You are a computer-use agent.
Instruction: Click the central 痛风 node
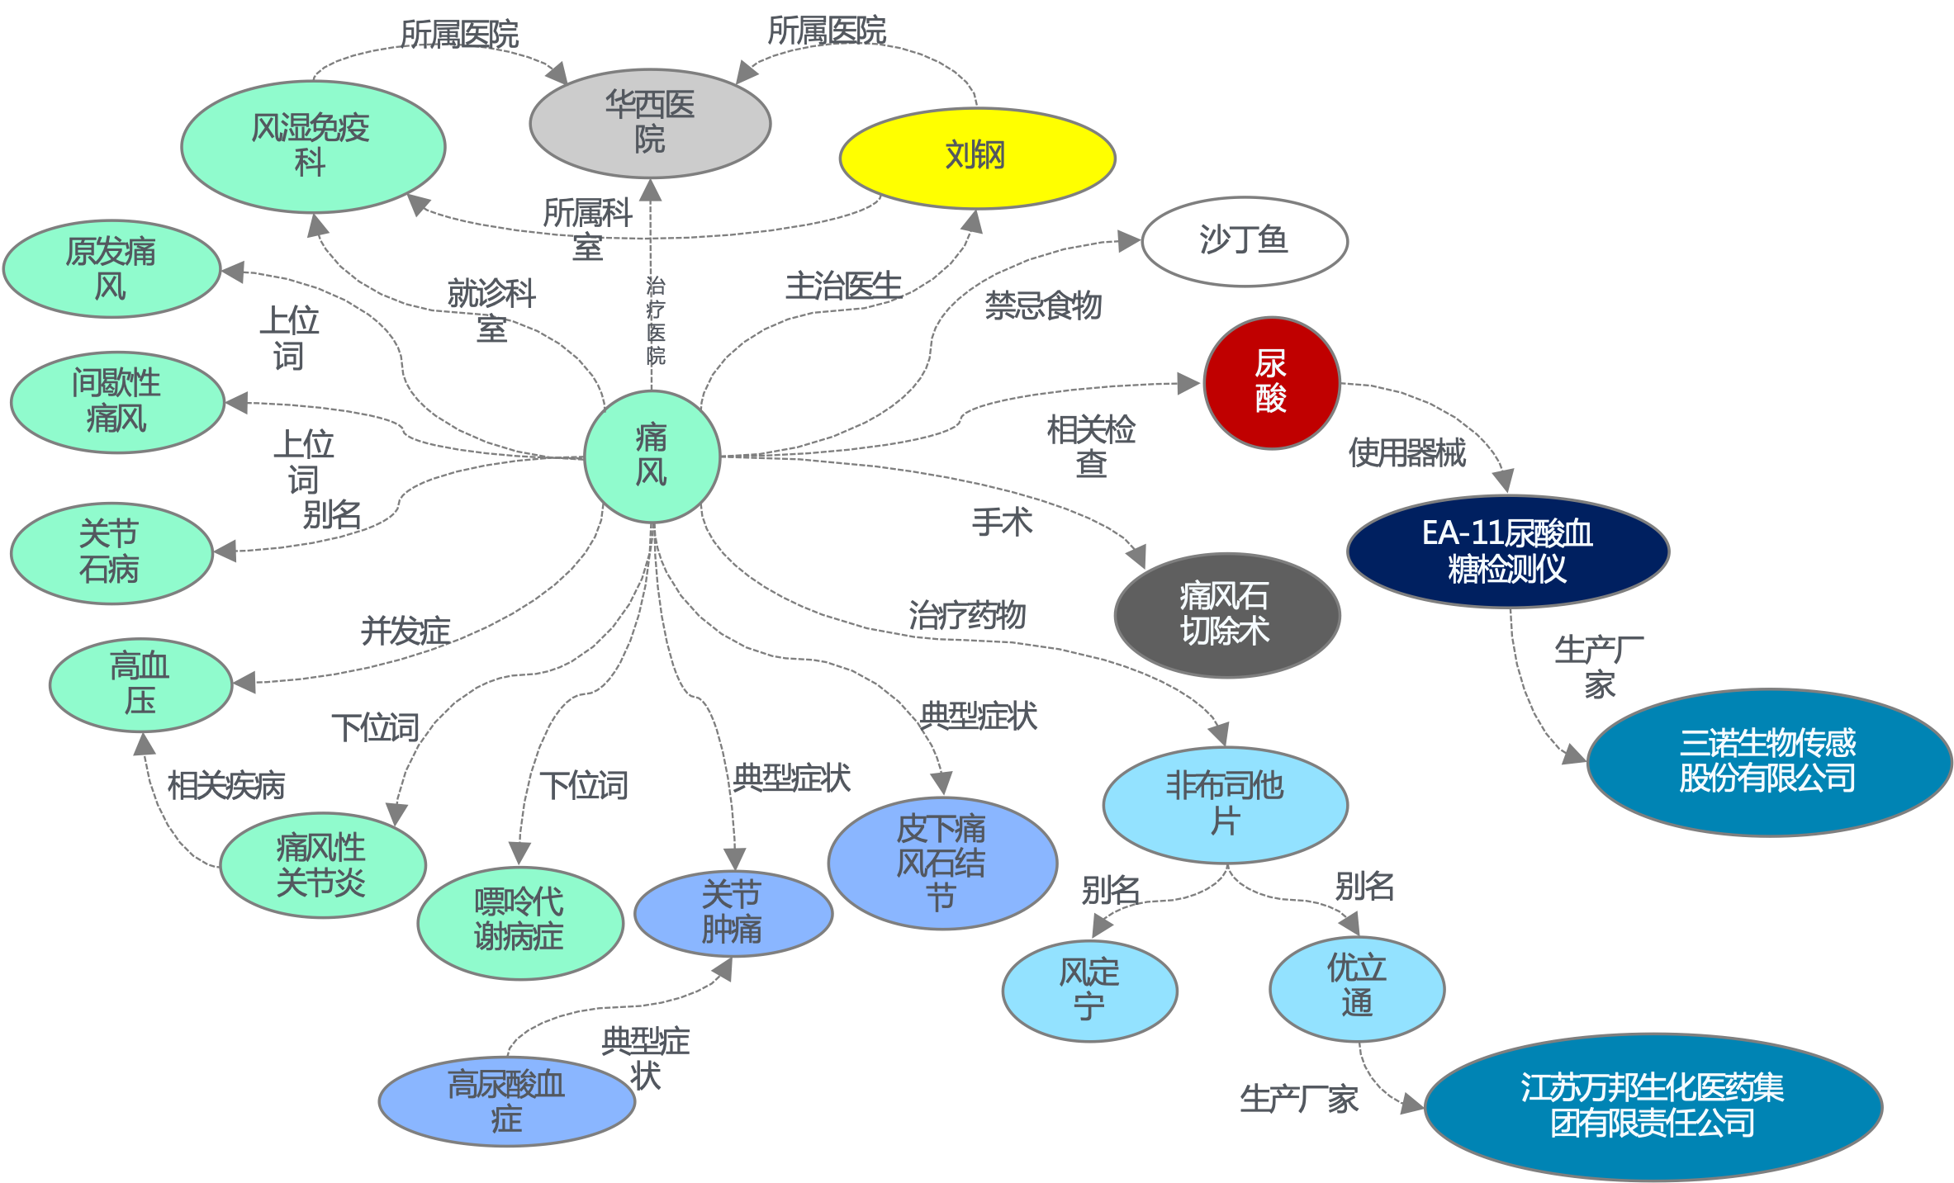click(x=652, y=456)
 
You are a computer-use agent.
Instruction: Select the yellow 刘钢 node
click(x=976, y=157)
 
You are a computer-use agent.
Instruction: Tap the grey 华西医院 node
click(x=650, y=123)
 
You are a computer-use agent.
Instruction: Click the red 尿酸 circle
click(x=1271, y=382)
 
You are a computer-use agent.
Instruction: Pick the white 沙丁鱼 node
click(x=1244, y=241)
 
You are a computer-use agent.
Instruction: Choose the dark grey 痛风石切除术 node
click(x=1226, y=614)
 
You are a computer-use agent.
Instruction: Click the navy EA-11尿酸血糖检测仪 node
click(x=1507, y=551)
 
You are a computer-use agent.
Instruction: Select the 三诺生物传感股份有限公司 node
click(x=1767, y=761)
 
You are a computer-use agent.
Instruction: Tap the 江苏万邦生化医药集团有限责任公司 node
click(x=1652, y=1106)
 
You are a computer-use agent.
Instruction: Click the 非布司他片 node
click(x=1225, y=804)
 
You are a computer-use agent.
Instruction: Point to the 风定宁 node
click(x=1089, y=990)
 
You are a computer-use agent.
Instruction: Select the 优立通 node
click(x=1356, y=987)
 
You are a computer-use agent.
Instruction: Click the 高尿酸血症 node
click(x=506, y=1101)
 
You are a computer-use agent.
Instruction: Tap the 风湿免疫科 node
click(x=311, y=146)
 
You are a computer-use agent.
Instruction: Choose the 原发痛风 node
click(x=111, y=268)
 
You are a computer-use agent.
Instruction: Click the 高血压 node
click(x=140, y=684)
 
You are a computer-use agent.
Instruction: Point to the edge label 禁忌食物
click(x=1043, y=305)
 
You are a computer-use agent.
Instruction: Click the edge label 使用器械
click(x=1406, y=452)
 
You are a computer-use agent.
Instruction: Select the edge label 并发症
click(x=405, y=632)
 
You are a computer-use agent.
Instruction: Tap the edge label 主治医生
click(x=842, y=286)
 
